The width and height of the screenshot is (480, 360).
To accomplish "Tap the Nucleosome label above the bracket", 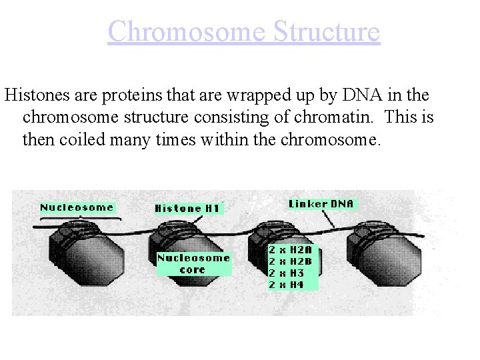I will [x=77, y=207].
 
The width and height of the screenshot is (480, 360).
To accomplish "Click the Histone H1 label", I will [x=187, y=209].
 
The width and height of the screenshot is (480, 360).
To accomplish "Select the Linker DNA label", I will [x=322, y=203].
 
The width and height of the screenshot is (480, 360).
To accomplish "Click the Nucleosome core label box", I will [x=193, y=263].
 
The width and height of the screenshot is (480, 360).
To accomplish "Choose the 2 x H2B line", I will [x=294, y=262].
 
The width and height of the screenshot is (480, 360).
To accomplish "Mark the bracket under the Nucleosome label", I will [x=80, y=217].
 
